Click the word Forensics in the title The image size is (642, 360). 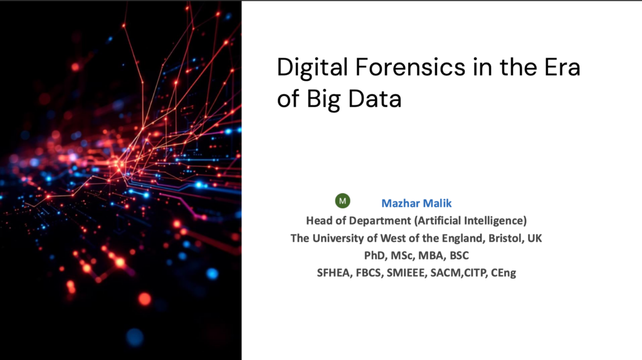pos(410,66)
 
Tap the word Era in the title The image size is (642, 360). pos(562,67)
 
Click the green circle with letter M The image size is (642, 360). pos(343,201)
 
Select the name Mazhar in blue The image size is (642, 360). pos(401,203)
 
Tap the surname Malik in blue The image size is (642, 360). pos(437,203)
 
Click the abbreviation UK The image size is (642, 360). pos(534,238)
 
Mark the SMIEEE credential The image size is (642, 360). pos(406,273)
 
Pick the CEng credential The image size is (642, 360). pos(503,273)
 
